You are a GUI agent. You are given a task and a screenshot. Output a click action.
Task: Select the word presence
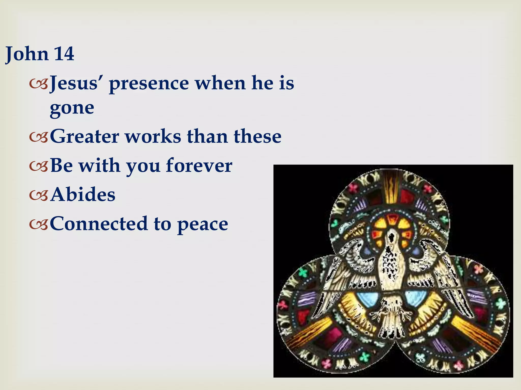149,84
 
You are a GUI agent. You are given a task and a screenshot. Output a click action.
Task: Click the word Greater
85,136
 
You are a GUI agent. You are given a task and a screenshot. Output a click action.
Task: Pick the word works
153,136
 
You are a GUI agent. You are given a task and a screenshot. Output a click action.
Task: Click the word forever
199,165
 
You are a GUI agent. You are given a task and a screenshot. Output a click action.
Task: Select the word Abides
83,194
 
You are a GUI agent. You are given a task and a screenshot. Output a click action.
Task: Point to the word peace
202,224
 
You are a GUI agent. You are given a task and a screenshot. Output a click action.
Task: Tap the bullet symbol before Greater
38,137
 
